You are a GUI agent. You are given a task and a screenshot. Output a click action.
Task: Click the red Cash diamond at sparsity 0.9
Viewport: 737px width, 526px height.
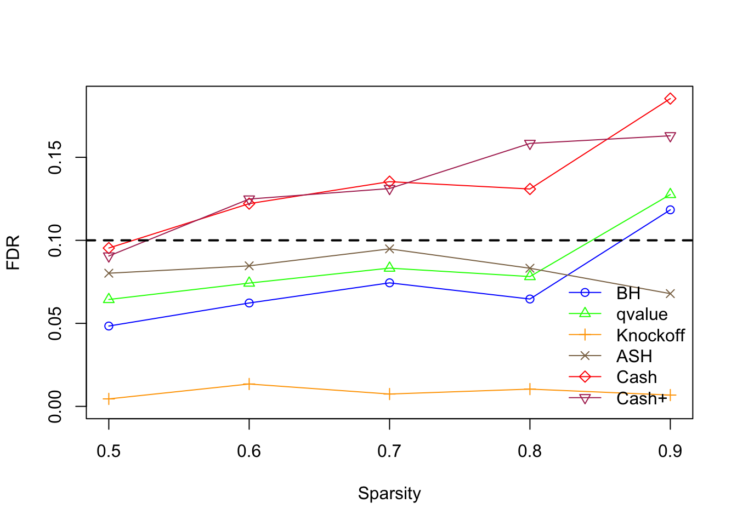click(670, 99)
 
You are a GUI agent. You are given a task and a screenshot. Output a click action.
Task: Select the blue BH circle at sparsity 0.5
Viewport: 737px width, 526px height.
click(109, 326)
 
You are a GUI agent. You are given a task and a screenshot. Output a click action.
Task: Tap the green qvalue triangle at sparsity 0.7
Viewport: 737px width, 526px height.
click(389, 267)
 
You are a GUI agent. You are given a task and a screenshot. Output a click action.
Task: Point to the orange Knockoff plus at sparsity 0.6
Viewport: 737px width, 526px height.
click(249, 384)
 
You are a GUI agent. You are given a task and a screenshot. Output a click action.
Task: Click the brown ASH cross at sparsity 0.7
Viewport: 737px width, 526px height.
click(389, 249)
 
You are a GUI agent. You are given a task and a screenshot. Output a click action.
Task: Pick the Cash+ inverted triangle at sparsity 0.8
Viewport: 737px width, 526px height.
click(530, 144)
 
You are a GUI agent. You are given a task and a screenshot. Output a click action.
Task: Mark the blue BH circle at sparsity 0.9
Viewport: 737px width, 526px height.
click(670, 210)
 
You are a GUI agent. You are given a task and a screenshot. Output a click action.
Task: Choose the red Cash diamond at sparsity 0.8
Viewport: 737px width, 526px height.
click(530, 189)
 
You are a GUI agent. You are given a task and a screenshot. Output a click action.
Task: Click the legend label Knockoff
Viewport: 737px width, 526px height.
click(650, 335)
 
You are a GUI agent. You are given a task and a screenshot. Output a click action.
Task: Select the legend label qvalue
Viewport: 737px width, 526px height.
click(642, 315)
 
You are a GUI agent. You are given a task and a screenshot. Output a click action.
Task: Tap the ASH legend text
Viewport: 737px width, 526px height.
click(634, 356)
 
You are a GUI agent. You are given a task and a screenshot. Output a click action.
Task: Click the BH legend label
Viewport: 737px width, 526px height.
click(628, 294)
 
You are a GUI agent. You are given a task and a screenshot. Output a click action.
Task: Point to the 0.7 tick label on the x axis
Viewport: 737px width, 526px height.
click(389, 451)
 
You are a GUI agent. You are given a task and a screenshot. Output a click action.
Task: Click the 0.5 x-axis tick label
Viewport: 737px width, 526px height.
click(109, 451)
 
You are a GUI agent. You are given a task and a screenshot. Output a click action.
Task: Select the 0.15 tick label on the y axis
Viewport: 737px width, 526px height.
click(55, 157)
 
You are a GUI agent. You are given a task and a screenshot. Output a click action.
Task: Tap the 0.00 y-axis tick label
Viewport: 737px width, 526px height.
click(55, 406)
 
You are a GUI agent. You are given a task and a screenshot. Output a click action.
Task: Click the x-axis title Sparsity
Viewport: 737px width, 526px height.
click(389, 493)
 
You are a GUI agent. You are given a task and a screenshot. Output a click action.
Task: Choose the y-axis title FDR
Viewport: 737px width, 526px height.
click(13, 253)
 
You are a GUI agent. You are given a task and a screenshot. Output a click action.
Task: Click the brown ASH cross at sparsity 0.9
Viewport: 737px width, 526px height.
click(670, 294)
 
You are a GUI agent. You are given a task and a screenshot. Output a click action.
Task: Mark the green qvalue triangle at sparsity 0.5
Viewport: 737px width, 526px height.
click(109, 299)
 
